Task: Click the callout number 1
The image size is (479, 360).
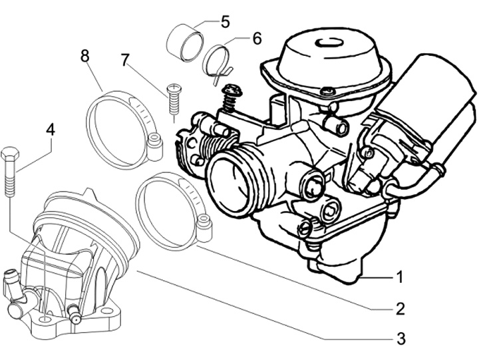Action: coord(399,277)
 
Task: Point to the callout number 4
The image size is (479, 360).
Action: coord(51,129)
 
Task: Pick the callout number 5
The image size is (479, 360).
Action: coord(225,22)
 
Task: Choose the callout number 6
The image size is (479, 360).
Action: coord(257,39)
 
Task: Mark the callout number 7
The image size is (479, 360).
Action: coord(125,60)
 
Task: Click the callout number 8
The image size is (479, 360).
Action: coord(84,57)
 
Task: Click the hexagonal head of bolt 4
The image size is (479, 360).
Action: coord(10,154)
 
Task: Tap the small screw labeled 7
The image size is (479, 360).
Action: coord(174,100)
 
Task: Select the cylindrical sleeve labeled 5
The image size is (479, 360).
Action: coord(184,43)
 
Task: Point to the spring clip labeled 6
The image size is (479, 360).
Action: coord(217,62)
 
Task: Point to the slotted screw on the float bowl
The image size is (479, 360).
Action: coord(306,228)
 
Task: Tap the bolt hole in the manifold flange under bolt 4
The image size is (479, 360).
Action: coord(45,319)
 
